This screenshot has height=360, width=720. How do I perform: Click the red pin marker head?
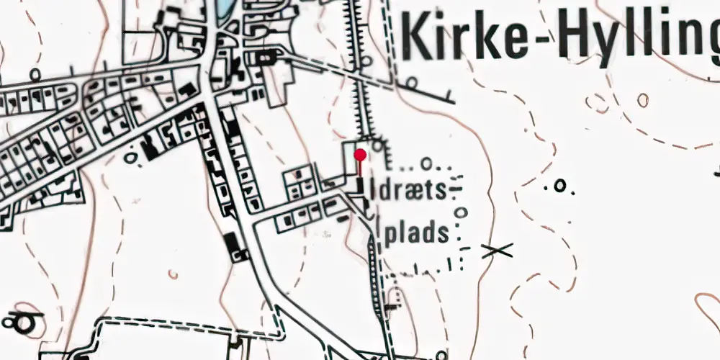(360, 155)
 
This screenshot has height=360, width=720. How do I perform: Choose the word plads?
(418, 235)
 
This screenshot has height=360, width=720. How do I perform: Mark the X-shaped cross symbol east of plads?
(497, 251)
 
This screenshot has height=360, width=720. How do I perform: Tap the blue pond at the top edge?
(224, 7)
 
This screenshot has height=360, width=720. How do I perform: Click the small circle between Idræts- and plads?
(462, 213)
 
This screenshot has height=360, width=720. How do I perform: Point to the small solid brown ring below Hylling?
(642, 101)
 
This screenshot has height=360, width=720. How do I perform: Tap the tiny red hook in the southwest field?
(173, 274)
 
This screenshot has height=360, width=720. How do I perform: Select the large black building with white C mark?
(235, 247)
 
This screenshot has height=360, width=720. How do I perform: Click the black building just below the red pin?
(360, 186)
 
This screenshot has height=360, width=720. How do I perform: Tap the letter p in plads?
(390, 237)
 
